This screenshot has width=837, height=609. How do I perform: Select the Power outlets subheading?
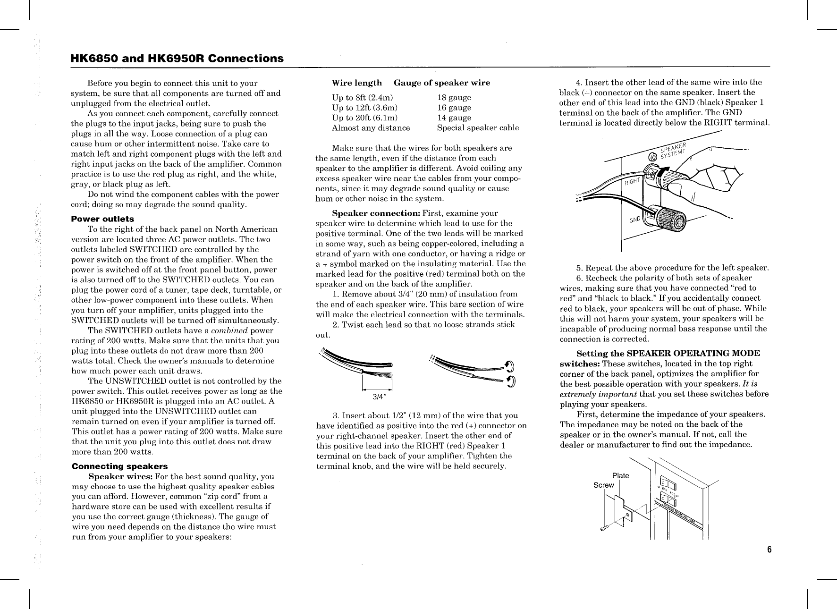(102, 219)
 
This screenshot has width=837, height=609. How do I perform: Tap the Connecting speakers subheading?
(119, 466)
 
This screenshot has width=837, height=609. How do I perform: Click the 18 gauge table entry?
(454, 98)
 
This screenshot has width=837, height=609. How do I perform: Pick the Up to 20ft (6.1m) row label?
(365, 118)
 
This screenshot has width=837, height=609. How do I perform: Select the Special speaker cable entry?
(478, 127)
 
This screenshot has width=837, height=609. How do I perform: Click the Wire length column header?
(357, 83)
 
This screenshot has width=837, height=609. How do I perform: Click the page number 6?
(769, 550)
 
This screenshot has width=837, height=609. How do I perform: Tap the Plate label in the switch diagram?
(620, 475)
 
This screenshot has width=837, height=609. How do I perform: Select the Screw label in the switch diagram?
(603, 485)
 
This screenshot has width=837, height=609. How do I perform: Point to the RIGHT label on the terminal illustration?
(633, 181)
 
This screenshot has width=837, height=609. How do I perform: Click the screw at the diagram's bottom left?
(603, 529)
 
